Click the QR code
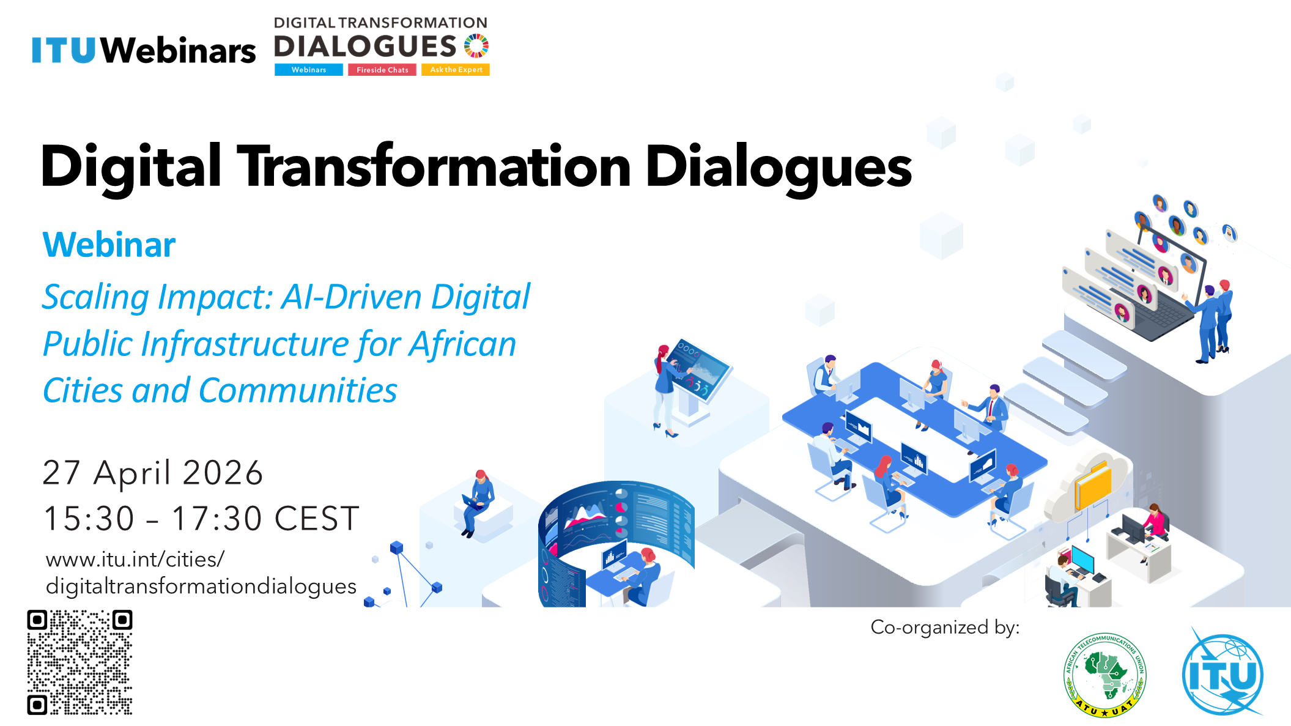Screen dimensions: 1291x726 (80, 662)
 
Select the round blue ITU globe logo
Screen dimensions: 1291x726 (1223, 673)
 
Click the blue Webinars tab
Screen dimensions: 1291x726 (309, 70)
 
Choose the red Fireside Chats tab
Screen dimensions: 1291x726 (382, 70)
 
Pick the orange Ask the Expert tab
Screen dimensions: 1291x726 (456, 70)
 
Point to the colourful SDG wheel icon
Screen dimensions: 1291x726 (476, 46)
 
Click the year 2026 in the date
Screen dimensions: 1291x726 (223, 473)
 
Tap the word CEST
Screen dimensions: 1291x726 (316, 519)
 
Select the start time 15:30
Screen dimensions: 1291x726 (89, 519)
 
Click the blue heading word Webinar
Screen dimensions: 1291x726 (109, 245)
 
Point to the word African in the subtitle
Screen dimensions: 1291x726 (463, 344)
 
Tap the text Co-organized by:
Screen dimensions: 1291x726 (945, 628)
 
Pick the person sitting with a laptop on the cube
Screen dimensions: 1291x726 (477, 503)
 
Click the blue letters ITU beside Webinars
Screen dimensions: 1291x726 (64, 50)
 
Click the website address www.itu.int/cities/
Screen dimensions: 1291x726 (135, 560)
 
